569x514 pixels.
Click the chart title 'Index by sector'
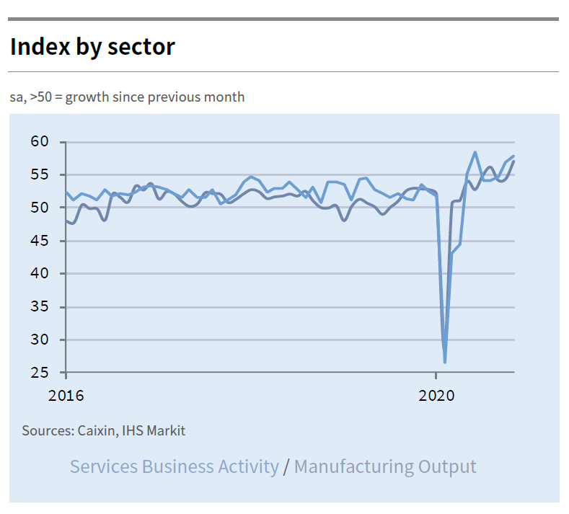tap(92, 47)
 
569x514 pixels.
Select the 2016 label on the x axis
tap(66, 396)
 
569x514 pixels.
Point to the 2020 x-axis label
tap(436, 396)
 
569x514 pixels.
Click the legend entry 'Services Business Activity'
tap(174, 466)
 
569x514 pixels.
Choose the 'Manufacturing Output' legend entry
tap(385, 466)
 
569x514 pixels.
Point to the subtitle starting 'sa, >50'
tap(127, 97)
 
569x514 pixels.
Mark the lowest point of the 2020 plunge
tap(445, 362)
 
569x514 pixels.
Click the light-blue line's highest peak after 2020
tap(475, 153)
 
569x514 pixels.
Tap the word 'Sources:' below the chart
tap(46, 431)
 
